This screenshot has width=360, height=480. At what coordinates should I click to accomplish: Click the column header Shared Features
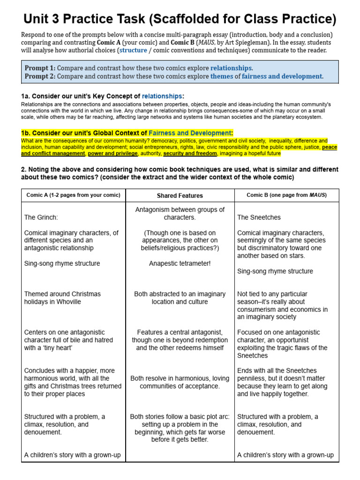[x=180, y=195]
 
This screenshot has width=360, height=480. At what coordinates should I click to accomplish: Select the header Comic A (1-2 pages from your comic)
[x=73, y=195]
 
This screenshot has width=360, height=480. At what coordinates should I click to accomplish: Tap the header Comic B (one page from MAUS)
[x=286, y=195]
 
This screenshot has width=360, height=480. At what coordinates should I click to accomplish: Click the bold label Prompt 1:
[x=40, y=68]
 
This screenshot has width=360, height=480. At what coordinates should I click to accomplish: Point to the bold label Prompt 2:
[x=40, y=76]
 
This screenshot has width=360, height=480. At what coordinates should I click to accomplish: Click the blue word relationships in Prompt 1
[x=231, y=68]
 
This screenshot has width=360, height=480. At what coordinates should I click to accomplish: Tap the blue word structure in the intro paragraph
[x=133, y=50]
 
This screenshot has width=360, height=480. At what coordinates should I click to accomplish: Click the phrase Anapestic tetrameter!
[x=180, y=263]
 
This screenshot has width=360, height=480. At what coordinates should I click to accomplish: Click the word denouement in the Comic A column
[x=43, y=432]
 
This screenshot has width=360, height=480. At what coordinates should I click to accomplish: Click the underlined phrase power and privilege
[x=113, y=153]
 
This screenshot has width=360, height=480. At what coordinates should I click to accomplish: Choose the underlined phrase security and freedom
[x=190, y=153]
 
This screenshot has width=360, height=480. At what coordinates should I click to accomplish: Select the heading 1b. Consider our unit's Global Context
[x=84, y=133]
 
